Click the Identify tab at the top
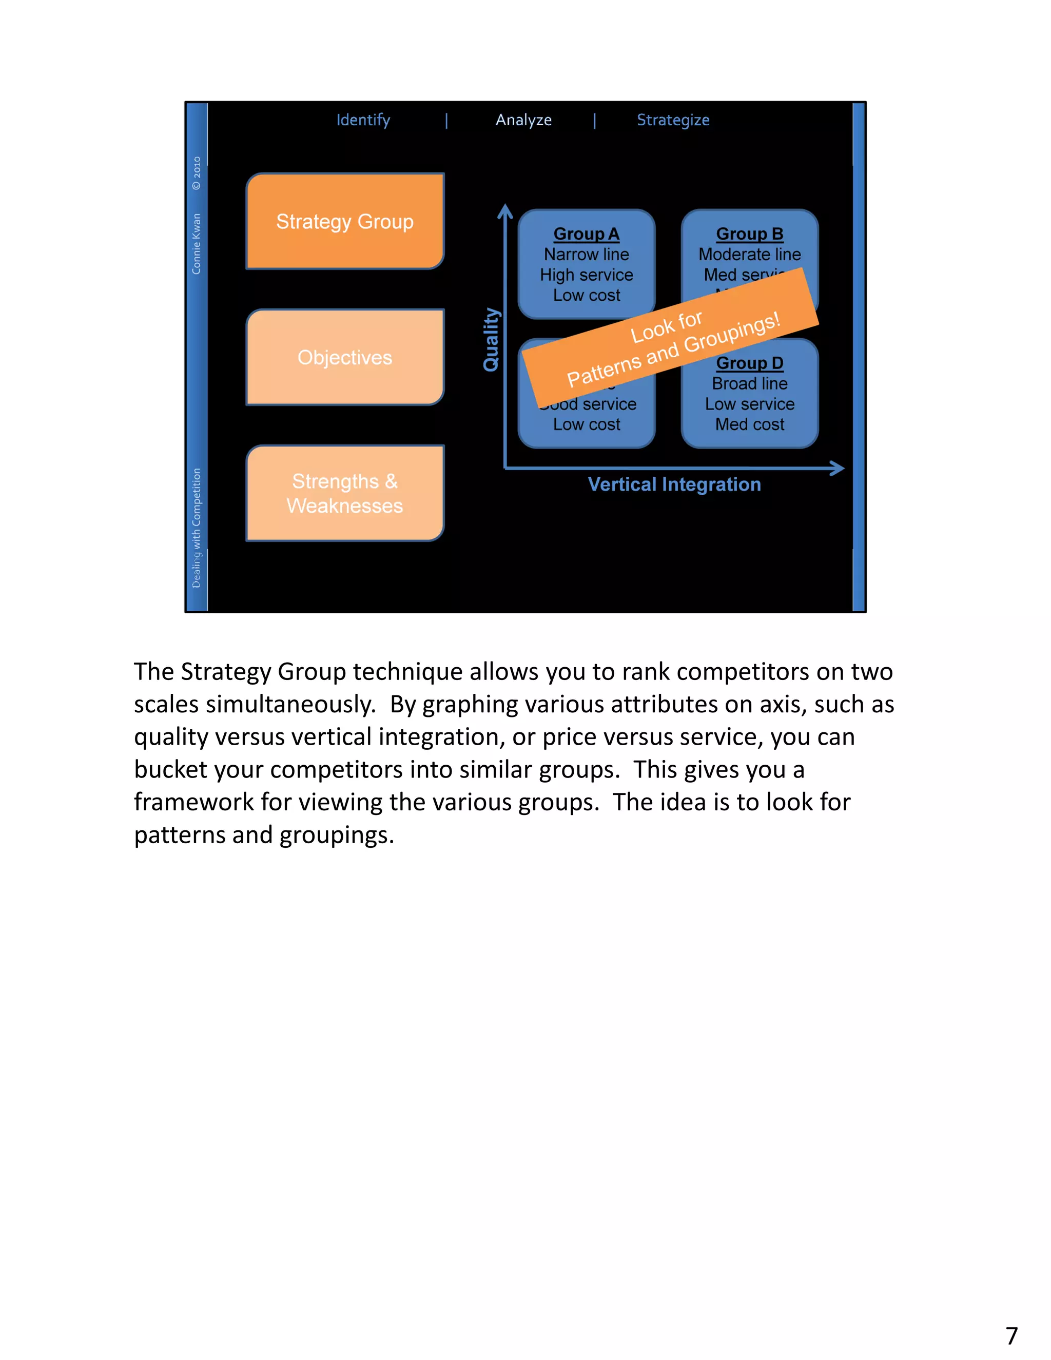pos(363,120)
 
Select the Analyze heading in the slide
pos(523,120)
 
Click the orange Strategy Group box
pos(345,221)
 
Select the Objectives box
pos(345,357)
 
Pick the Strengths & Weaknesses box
pos(345,493)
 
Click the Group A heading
pos(586,234)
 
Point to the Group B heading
pos(749,234)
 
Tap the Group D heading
pos(749,363)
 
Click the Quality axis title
pos(491,339)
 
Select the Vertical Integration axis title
pos(674,484)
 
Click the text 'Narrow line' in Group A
pos(586,255)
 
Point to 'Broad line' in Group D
pos(749,383)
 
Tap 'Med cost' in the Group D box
pos(749,425)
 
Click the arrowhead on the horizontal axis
pos(838,468)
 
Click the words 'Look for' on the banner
pos(666,327)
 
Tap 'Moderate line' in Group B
pos(749,255)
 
